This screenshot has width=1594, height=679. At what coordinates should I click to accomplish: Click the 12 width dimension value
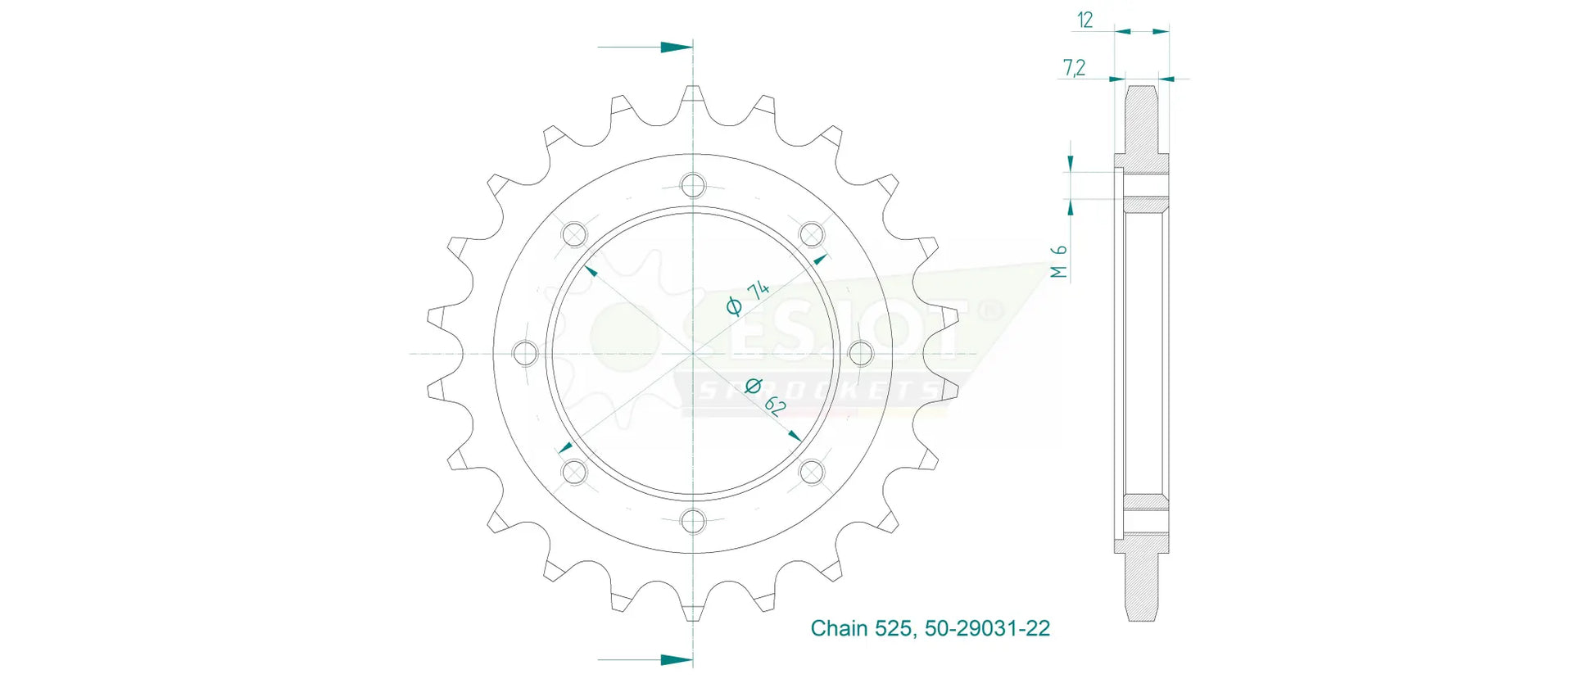pos(1085,20)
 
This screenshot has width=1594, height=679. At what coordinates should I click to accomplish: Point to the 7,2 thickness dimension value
pos(1074,68)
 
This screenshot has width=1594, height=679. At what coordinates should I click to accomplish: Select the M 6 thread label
pos(1059,261)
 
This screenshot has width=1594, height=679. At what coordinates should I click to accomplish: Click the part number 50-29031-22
pos(987,628)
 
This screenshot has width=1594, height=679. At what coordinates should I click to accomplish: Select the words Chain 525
pos(860,628)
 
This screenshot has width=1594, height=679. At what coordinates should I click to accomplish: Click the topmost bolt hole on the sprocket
pos(693,186)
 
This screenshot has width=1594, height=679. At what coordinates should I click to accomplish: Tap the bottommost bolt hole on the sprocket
pos(693,521)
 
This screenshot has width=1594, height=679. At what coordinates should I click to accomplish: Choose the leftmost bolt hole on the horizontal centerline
pos(525,354)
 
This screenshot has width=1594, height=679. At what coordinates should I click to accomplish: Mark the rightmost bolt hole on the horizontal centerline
pos(861,354)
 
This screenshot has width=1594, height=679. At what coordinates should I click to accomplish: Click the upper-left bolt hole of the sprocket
pos(574,235)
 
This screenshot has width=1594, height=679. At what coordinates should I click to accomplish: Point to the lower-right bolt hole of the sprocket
pos(811,472)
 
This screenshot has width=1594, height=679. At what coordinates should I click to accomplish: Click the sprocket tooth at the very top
pos(693,98)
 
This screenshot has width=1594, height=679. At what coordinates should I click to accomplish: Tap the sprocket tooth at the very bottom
pos(693,609)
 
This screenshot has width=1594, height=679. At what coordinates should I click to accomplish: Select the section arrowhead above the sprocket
pos(677,48)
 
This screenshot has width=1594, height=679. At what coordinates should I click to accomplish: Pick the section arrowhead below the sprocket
pos(677,659)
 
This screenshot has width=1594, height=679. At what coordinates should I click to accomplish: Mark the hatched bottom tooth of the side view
pos(1141,586)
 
